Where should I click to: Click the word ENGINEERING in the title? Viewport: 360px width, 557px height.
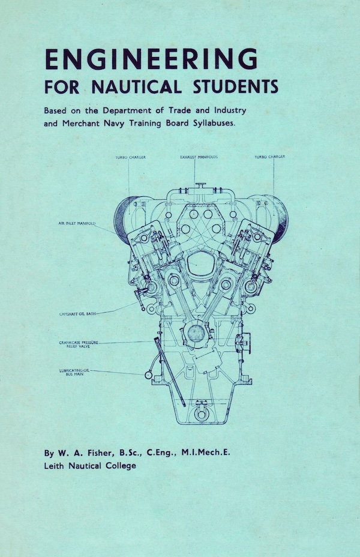[x=151, y=59]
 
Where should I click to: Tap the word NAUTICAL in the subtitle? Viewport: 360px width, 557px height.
[x=137, y=86]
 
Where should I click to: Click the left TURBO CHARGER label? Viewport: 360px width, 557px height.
[x=131, y=157]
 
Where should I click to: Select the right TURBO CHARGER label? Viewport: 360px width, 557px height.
[x=270, y=157]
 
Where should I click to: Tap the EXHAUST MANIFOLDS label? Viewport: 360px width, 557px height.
[x=199, y=157]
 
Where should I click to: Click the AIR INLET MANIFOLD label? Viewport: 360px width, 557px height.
[x=77, y=223]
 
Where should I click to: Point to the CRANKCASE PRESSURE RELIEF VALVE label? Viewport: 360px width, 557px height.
[x=79, y=344]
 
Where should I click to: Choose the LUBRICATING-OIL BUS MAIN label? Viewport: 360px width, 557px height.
[x=74, y=372]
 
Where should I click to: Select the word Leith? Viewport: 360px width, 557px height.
[x=54, y=465]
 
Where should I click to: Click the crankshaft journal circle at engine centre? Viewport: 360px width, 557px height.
[x=196, y=333]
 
